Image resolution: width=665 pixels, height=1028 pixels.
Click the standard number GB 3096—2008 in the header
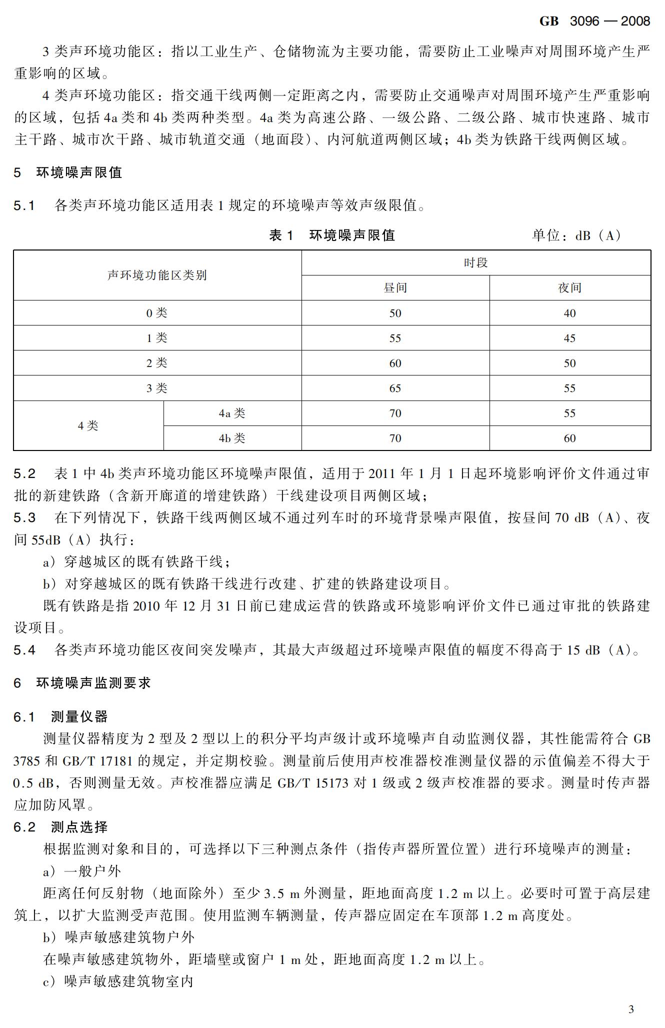[x=594, y=21]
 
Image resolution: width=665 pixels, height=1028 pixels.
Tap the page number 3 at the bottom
[x=630, y=1009]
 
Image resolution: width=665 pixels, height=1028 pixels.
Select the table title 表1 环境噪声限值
[x=332, y=235]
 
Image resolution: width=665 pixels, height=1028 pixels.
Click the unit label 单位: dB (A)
[x=576, y=235]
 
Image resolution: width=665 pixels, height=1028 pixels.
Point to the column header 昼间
[x=395, y=288]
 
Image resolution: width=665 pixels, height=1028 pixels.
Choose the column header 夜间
[x=569, y=288]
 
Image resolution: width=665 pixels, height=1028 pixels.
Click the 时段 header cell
[x=475, y=263]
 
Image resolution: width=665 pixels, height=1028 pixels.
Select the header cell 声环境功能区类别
[x=157, y=275]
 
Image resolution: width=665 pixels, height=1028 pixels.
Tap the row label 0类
[x=157, y=313]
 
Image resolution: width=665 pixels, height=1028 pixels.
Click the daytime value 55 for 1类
[x=395, y=338]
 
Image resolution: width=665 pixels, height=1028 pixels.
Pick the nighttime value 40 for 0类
[x=569, y=313]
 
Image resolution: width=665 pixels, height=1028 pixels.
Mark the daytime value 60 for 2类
[x=395, y=363]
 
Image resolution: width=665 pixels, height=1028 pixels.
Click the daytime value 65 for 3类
[x=395, y=388]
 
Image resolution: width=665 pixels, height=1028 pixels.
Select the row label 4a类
[x=232, y=413]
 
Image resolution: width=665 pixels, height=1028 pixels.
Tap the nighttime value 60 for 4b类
[x=569, y=438]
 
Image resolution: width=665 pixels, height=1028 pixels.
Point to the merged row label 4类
[x=88, y=425]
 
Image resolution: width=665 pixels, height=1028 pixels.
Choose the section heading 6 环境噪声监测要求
[x=82, y=683]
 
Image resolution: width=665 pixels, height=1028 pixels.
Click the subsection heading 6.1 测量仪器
[x=60, y=717]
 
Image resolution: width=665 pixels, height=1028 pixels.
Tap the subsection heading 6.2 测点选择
[x=60, y=827]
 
